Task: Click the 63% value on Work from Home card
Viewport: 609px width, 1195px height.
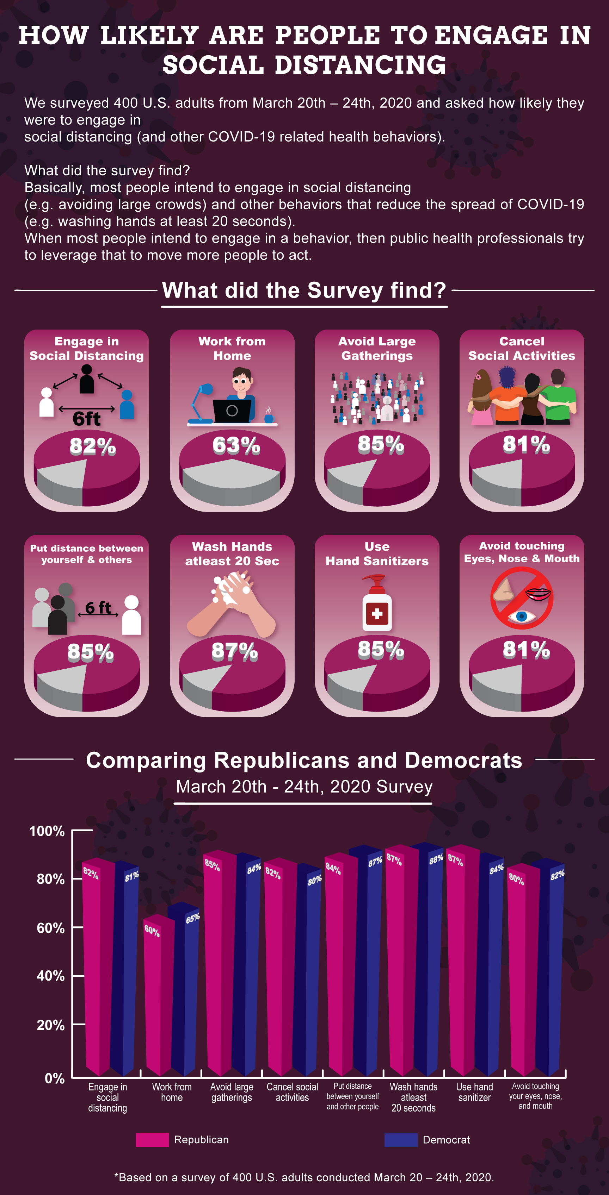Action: tap(236, 445)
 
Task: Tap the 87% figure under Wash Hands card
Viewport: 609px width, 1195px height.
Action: tap(234, 651)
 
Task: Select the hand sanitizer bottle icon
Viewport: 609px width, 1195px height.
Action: tap(377, 603)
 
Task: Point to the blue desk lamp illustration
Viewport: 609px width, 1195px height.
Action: tap(201, 403)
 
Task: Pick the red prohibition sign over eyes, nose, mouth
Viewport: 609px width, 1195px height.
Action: tap(522, 597)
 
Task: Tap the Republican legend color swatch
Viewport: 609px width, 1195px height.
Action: tap(152, 1140)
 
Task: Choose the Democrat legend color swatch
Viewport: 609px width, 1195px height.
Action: tap(401, 1140)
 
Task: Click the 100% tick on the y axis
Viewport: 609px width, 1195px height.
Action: tap(47, 831)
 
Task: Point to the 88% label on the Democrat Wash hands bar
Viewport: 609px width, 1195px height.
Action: tap(436, 859)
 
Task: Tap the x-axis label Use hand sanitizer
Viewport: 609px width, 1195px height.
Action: tap(474, 1092)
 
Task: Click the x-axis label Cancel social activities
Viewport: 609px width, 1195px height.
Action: tap(293, 1092)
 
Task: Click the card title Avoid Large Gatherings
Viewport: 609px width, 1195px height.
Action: tap(377, 348)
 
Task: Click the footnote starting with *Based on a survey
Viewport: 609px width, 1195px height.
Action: tap(304, 1177)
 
